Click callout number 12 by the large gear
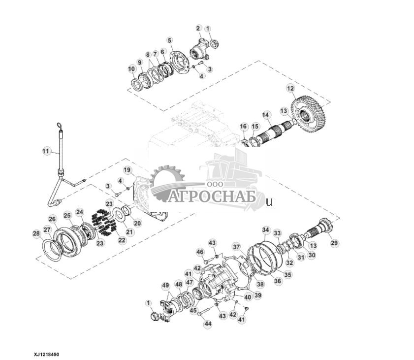pos(290,88)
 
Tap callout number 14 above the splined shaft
pos(266,115)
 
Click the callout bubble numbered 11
pos(47,151)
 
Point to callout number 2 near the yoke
pos(198,28)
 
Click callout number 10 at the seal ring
pos(131,68)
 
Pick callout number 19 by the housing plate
pos(127,170)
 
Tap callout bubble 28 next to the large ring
pos(36,233)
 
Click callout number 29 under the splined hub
pos(334,243)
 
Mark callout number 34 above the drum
pos(266,230)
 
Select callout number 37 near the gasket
pos(236,247)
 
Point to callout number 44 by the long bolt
pos(208,324)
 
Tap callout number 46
pos(200,252)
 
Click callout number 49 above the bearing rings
pos(165,285)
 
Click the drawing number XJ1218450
pos(49,354)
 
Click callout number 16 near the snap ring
pos(243,127)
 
